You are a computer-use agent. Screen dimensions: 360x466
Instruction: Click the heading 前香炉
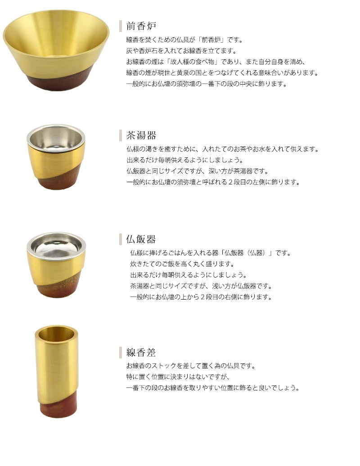point(141,26)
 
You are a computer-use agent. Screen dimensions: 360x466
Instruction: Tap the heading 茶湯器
point(141,135)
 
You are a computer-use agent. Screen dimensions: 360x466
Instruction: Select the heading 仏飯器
point(141,239)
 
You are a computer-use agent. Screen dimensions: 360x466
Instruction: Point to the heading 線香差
point(141,353)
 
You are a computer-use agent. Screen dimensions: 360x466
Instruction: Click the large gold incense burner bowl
point(56,50)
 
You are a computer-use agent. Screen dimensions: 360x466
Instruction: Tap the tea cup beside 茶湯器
point(56,157)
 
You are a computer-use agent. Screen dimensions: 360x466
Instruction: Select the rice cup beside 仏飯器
point(56,264)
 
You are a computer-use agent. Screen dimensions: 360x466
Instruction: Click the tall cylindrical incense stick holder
point(57,372)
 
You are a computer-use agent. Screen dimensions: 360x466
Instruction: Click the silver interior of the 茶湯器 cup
point(56,139)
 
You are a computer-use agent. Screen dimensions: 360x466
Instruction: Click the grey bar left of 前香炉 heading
point(121,26)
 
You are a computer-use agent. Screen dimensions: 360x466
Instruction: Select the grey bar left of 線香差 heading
point(121,353)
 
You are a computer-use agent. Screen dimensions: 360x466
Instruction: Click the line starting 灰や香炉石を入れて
point(181,51)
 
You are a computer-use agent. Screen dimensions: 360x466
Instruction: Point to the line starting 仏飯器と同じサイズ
point(198,171)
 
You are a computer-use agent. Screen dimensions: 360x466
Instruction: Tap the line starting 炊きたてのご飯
point(182,264)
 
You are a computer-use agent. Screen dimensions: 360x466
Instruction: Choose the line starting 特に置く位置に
point(178,377)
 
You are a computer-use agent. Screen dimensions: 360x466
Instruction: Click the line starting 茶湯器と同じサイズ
point(201,286)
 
